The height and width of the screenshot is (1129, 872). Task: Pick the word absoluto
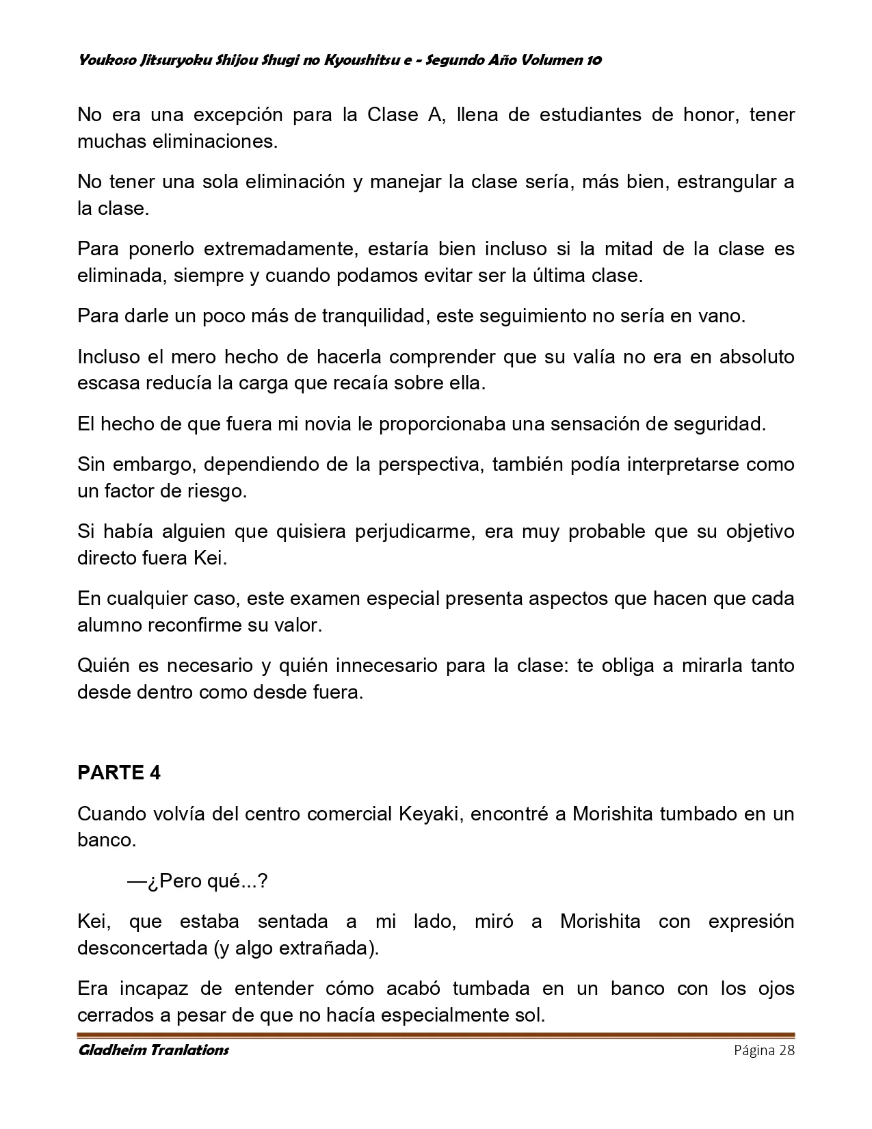[x=756, y=356]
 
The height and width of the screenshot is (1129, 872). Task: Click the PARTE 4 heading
[x=119, y=773]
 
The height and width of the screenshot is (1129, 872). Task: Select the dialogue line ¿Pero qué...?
[x=197, y=881]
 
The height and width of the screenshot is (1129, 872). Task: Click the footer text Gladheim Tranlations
[x=153, y=1050]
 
